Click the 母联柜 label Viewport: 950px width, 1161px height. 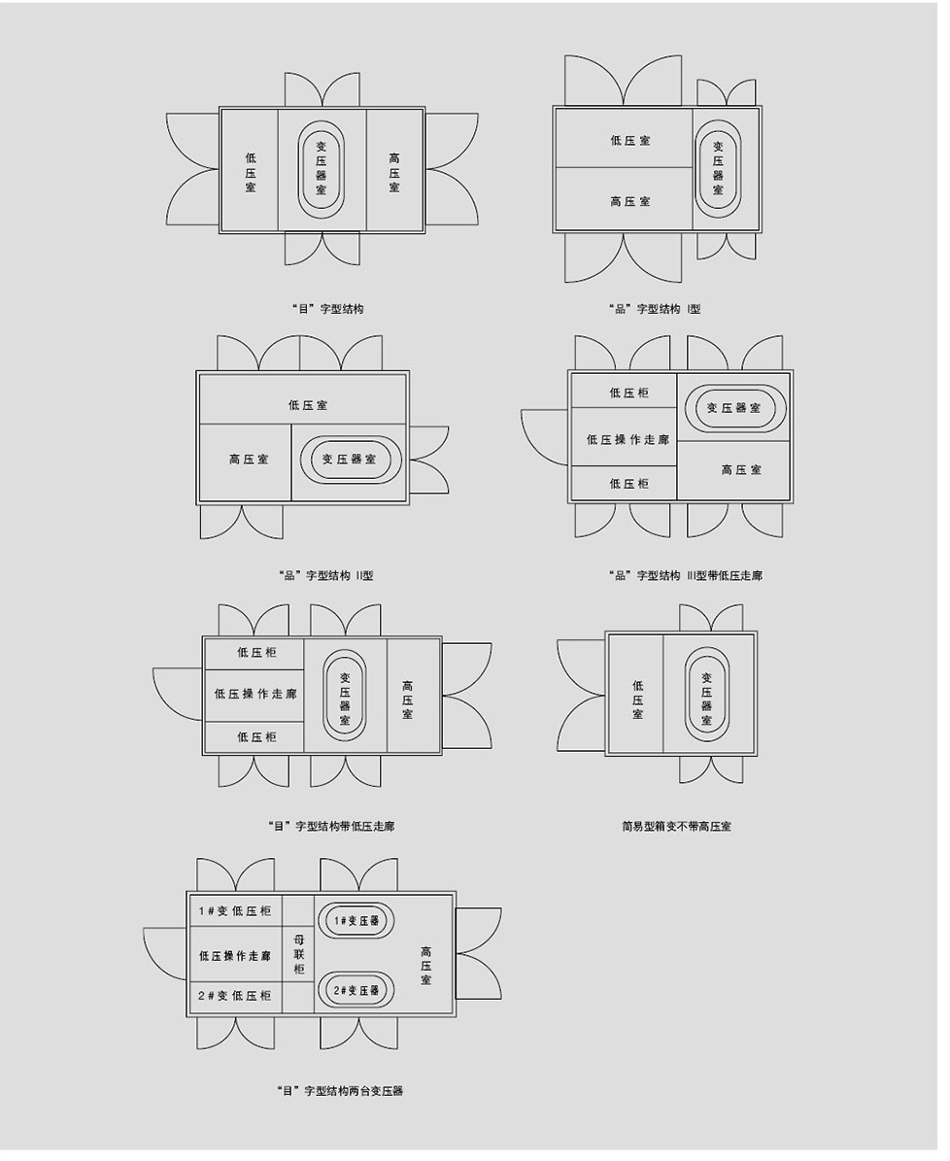pyautogui.click(x=299, y=955)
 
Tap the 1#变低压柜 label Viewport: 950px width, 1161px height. pyautogui.click(x=235, y=911)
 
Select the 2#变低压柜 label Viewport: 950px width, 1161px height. pyautogui.click(x=235, y=996)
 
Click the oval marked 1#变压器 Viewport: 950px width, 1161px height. pyautogui.click(x=356, y=921)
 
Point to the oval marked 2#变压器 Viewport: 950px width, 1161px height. pyautogui.click(x=356, y=991)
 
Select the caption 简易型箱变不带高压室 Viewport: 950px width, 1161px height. pyautogui.click(x=677, y=827)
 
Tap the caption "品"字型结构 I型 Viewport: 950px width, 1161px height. pyautogui.click(x=654, y=310)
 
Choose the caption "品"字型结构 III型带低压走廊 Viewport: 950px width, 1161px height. pyautogui.click(x=684, y=576)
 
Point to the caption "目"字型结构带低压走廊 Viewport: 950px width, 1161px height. pyautogui.click(x=331, y=827)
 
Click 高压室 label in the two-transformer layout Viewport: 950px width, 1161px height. pyautogui.click(x=425, y=966)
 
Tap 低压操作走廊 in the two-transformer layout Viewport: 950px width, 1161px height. pyautogui.click(x=235, y=956)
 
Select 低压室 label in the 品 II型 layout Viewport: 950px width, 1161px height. pyautogui.click(x=307, y=405)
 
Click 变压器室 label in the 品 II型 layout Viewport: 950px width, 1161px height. pyautogui.click(x=349, y=460)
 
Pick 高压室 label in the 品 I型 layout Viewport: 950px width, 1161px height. pyautogui.click(x=630, y=201)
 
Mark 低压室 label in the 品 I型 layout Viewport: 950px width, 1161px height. pyautogui.click(x=630, y=140)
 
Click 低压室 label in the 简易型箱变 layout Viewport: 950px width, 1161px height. pyautogui.click(x=637, y=700)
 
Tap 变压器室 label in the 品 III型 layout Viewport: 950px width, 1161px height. pyautogui.click(x=733, y=408)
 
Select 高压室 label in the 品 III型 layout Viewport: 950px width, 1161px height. pyautogui.click(x=741, y=469)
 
